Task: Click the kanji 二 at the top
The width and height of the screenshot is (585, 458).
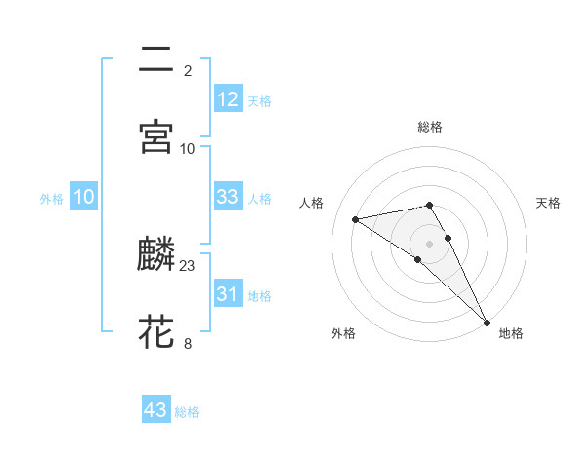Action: pos(157,59)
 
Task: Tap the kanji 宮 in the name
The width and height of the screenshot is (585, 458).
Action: pos(157,136)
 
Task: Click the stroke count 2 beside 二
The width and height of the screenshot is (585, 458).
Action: pos(188,70)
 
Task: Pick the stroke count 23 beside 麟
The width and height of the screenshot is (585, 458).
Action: pos(188,265)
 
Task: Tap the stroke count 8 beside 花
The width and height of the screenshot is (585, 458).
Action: pos(188,343)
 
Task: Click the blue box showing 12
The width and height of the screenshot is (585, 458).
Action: pos(228,98)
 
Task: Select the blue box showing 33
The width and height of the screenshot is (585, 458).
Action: pos(228,197)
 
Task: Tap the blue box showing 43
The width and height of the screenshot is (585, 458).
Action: pos(156,410)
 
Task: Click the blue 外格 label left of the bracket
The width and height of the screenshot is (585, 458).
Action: pos(52,198)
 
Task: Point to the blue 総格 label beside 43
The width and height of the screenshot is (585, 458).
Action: pos(188,412)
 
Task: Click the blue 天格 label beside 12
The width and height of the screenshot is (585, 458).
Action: pos(259,100)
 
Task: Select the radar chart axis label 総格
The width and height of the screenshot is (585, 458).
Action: pos(430,127)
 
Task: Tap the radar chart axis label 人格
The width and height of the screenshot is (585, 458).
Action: pos(313,203)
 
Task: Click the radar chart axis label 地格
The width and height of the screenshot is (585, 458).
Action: pos(511,333)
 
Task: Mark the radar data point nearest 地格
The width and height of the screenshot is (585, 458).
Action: pos(487,322)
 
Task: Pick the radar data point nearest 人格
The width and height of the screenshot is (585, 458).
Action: pos(356,219)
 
